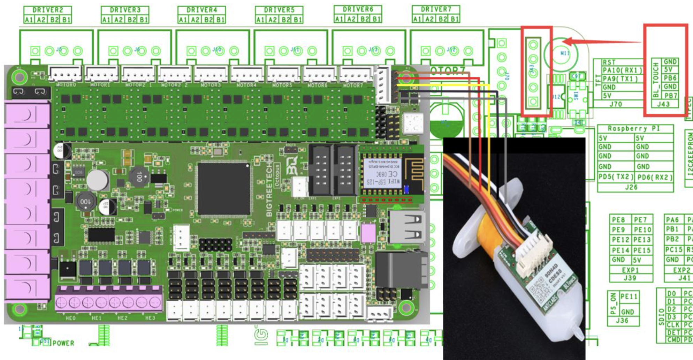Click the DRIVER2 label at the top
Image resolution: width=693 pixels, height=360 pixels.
point(48,10)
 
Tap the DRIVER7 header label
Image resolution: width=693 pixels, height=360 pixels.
point(436,9)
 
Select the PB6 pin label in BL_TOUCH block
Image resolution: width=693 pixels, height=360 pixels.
point(670,78)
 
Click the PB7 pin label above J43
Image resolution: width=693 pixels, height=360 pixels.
point(670,95)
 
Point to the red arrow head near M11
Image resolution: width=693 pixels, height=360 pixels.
point(567,42)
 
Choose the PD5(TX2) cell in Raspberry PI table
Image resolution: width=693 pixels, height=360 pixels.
point(616,177)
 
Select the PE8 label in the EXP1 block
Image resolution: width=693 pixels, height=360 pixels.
point(618,220)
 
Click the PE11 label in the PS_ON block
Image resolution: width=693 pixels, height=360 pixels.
point(629,297)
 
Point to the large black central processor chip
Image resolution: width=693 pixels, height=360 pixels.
point(224,189)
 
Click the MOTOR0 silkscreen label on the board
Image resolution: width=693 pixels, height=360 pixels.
point(66,85)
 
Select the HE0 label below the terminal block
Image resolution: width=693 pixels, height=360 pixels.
point(70,318)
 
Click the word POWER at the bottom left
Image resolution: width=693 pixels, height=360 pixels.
point(63,343)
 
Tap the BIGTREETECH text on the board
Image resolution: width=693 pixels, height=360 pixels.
point(269,190)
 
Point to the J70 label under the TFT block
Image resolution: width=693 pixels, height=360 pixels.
point(616,104)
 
